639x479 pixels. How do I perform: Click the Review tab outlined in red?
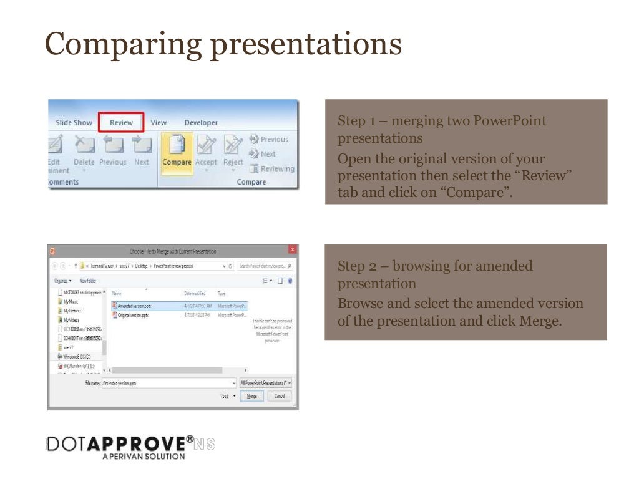pos(122,123)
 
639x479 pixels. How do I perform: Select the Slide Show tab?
pos(74,123)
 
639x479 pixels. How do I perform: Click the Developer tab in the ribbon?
pos(201,123)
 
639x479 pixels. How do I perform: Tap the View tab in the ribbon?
pos(159,123)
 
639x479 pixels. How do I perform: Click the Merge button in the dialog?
pos(251,396)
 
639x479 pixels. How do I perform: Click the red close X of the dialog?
pos(292,251)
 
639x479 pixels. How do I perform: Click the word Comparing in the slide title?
pos(124,45)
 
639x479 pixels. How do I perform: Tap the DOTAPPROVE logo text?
pos(119,443)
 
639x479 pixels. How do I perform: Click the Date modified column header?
pos(195,293)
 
